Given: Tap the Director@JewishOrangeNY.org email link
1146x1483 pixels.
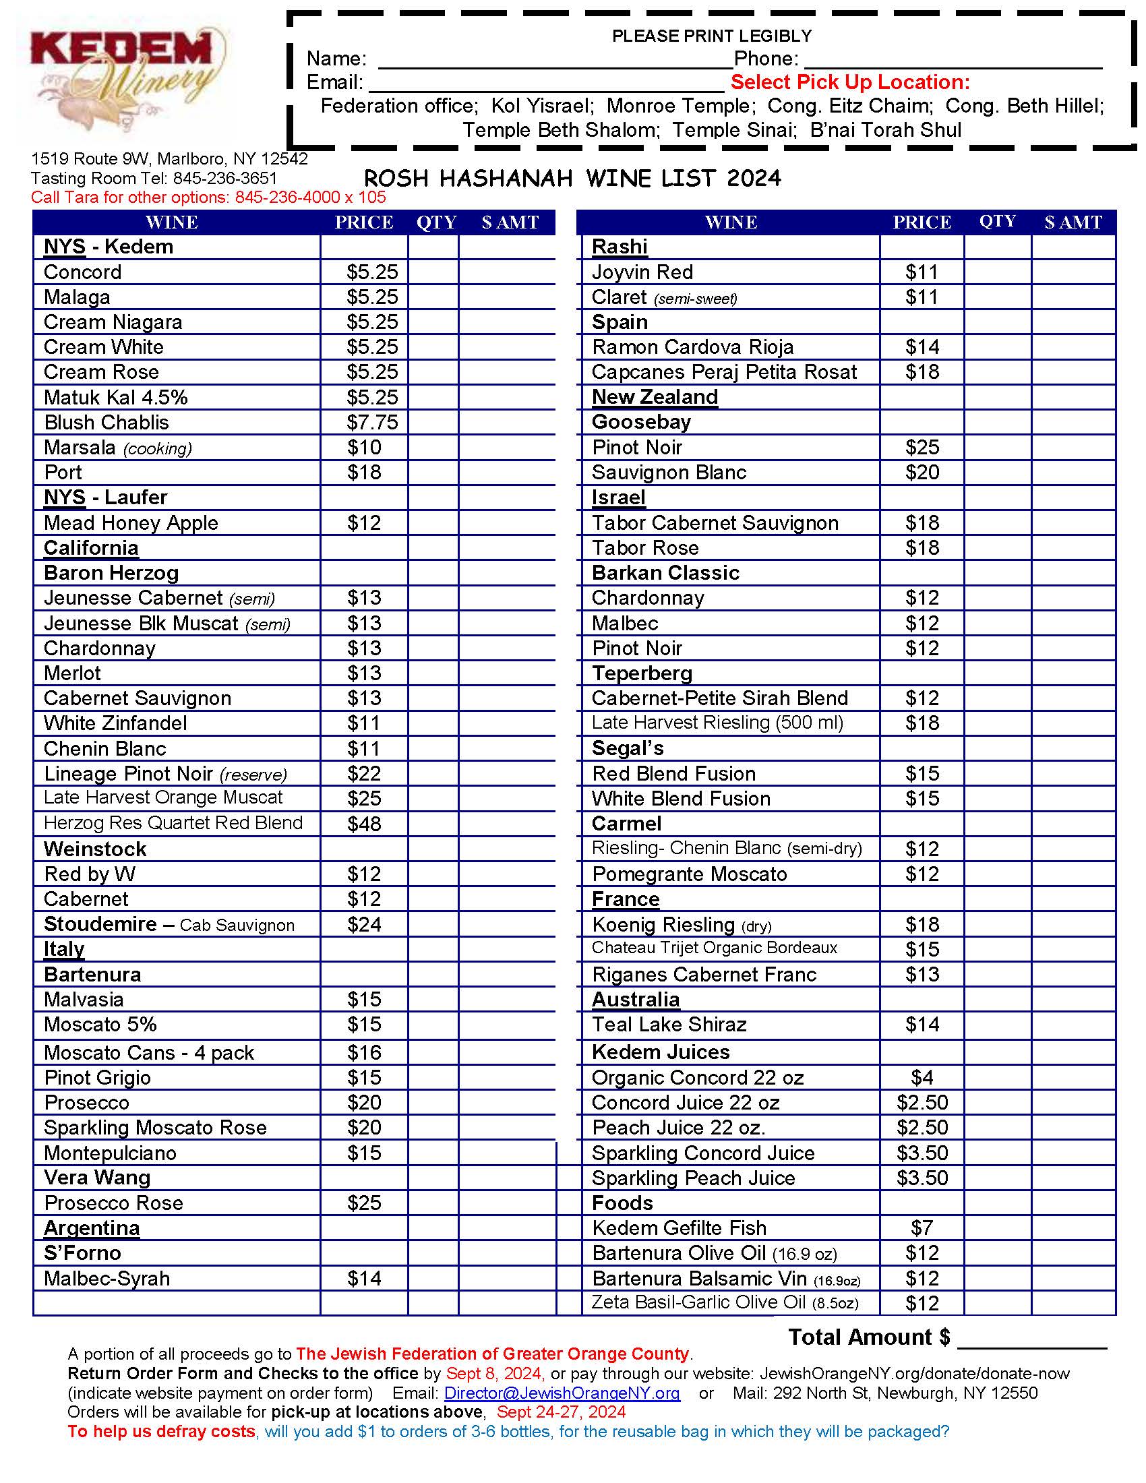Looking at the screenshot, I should pyautogui.click(x=562, y=1393).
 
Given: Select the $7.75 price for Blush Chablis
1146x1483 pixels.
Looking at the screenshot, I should pyautogui.click(x=371, y=423).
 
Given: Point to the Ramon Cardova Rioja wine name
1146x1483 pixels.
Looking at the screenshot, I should pyautogui.click(x=692, y=348).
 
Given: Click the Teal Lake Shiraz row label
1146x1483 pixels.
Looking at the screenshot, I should pyautogui.click(x=669, y=1025).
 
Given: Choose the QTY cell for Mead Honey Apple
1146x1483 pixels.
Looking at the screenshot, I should pyautogui.click(x=433, y=523).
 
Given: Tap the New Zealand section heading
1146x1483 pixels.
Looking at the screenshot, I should pyautogui.click(x=655, y=397).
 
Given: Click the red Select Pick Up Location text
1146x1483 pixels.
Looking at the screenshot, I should pyautogui.click(x=850, y=83).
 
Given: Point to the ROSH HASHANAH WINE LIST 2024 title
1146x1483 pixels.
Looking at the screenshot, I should pyautogui.click(x=572, y=179).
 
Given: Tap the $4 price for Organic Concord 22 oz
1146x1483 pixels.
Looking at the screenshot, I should pyautogui.click(x=922, y=1078).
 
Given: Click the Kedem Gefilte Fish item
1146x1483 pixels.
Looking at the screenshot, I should pyautogui.click(x=678, y=1228).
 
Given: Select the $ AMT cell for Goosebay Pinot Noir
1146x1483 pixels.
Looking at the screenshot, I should pyautogui.click(x=1073, y=448).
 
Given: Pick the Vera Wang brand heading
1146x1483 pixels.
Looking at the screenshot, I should pyautogui.click(x=97, y=1178).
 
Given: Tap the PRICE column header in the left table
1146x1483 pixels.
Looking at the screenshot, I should pyautogui.click(x=364, y=222).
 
